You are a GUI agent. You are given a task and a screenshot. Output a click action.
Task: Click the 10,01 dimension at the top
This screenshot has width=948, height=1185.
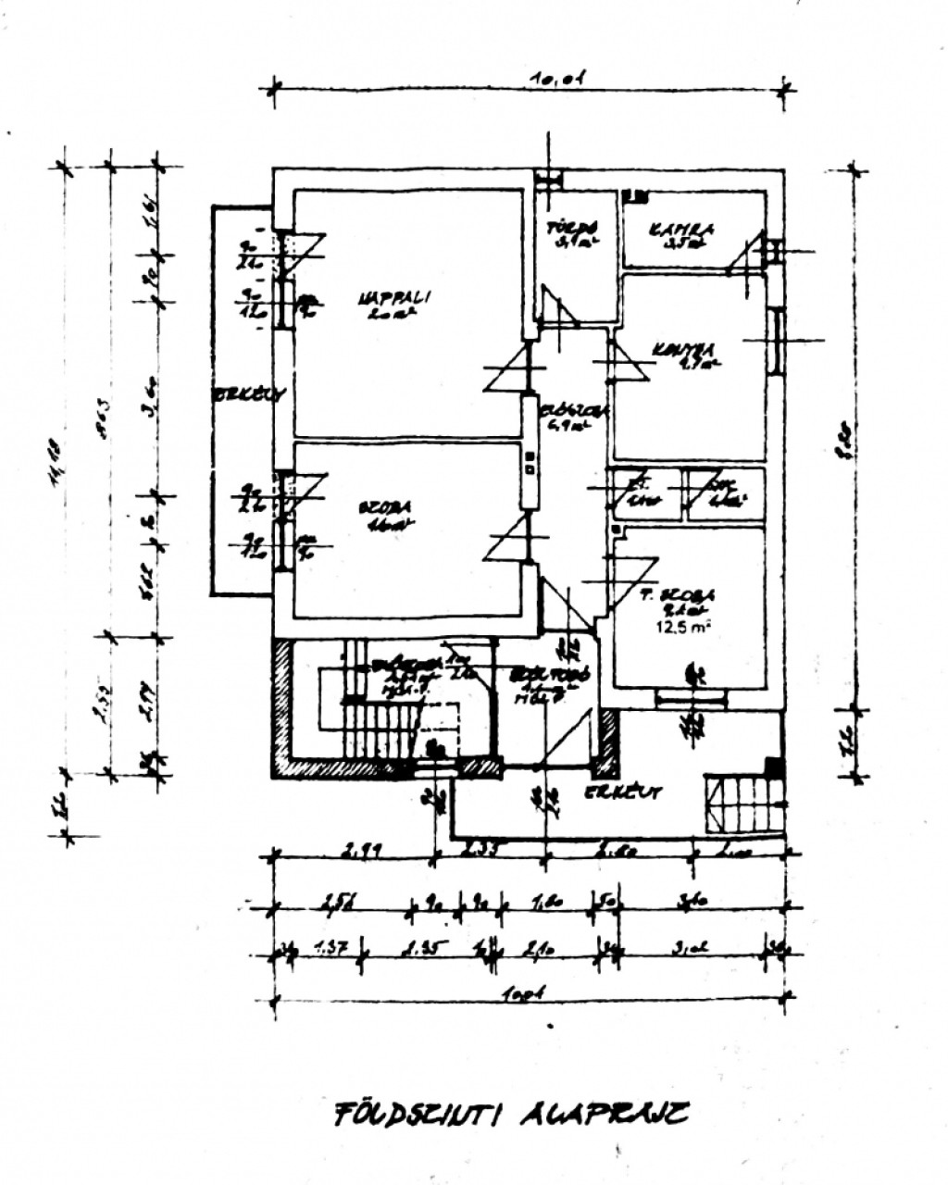pos(555,81)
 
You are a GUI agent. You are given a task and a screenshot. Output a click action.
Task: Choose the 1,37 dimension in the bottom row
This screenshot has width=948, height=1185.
pos(331,947)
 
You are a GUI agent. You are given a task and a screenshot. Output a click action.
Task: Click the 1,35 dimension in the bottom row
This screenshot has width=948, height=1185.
pos(421,947)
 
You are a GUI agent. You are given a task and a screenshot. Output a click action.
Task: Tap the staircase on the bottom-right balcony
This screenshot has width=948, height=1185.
pos(743,802)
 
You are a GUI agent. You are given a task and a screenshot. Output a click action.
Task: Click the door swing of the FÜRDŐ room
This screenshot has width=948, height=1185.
pos(557,306)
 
